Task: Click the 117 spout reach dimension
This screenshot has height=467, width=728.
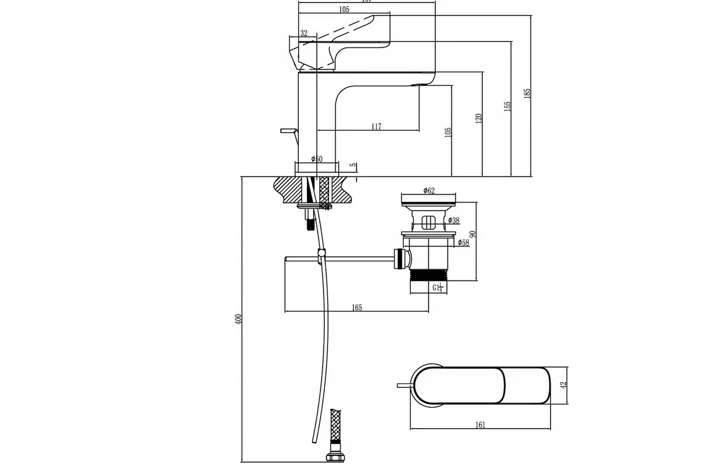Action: coord(376,127)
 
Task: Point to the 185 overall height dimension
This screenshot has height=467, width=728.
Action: coord(527,93)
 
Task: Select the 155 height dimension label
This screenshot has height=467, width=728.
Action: coord(508,106)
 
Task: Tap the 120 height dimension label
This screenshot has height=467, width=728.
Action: coord(479,118)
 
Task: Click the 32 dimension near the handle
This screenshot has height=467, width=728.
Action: coord(304,34)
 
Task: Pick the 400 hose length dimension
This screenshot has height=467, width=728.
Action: coord(238,319)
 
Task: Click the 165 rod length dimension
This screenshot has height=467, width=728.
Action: coord(356,308)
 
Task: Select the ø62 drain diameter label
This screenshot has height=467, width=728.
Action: coord(429,191)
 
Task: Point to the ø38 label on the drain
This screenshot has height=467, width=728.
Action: coord(453,221)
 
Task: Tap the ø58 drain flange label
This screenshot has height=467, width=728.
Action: coord(462,243)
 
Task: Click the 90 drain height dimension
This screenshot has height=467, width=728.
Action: coord(473,235)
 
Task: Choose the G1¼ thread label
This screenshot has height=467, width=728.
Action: coord(437,288)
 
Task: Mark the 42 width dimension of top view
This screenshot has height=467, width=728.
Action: coord(563,385)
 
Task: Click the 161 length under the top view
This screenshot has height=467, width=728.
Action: coord(480,424)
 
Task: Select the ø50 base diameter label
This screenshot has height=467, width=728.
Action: coord(317,159)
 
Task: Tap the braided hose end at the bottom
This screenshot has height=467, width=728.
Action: coord(335,426)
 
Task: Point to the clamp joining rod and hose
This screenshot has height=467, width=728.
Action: coord(321,253)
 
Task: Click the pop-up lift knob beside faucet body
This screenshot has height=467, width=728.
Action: coord(288,131)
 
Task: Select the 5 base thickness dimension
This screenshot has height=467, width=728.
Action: coord(353,166)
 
